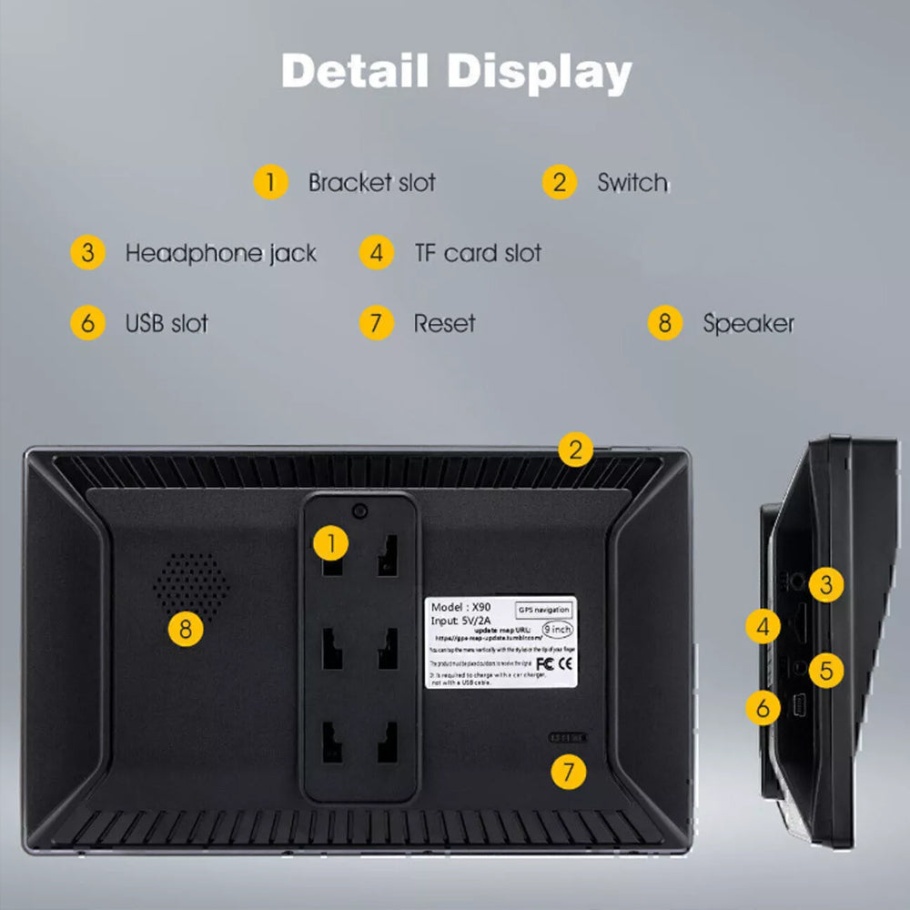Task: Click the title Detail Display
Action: point(456,72)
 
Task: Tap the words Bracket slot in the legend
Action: point(371,182)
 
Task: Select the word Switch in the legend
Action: point(632,182)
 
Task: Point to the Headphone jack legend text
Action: point(220,252)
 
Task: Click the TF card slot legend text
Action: point(478,252)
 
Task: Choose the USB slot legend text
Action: point(167,323)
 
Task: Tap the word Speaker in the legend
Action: point(748,323)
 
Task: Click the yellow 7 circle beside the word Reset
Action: point(376,323)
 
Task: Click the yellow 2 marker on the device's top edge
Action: point(575,449)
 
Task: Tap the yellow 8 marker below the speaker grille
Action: point(186,629)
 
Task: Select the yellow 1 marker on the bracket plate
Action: point(331,544)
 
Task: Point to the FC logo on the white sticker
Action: point(546,662)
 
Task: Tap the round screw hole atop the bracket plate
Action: point(360,511)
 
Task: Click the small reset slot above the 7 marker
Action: point(567,737)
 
